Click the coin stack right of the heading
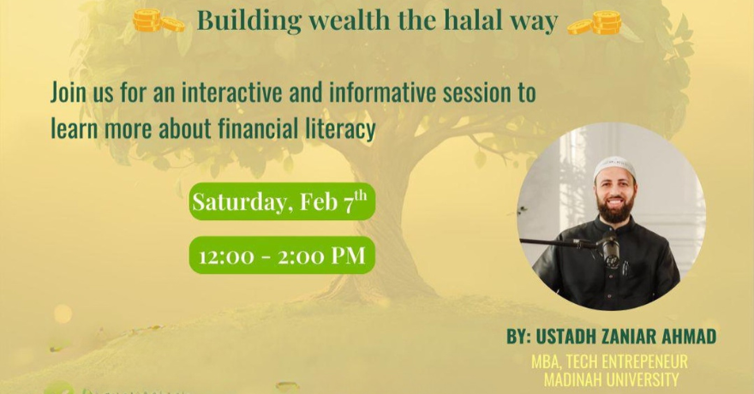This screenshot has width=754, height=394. click(598, 21)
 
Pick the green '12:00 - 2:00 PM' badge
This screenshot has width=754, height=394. click(281, 255)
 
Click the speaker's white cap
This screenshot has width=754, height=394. click(613, 164)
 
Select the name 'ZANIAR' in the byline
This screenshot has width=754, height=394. click(614, 337)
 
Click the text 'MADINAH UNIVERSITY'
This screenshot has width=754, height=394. click(609, 379)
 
